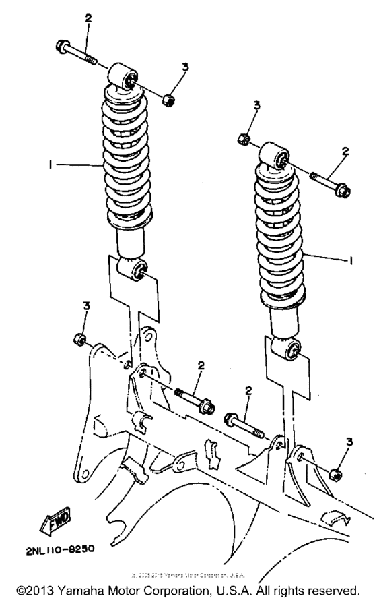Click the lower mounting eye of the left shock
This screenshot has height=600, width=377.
[135, 271]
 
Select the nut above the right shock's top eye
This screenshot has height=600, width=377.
[244, 139]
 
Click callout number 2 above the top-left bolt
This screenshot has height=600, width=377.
[88, 18]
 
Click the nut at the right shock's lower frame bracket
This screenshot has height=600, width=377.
[335, 473]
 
